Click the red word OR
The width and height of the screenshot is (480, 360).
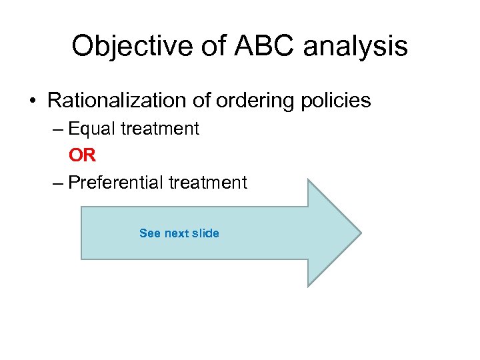click(x=83, y=155)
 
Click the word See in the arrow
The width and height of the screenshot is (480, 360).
click(x=149, y=233)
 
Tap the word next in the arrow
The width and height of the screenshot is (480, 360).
click(x=177, y=233)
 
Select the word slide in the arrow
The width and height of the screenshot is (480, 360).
click(x=205, y=233)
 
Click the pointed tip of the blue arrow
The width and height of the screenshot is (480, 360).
click(x=360, y=233)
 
